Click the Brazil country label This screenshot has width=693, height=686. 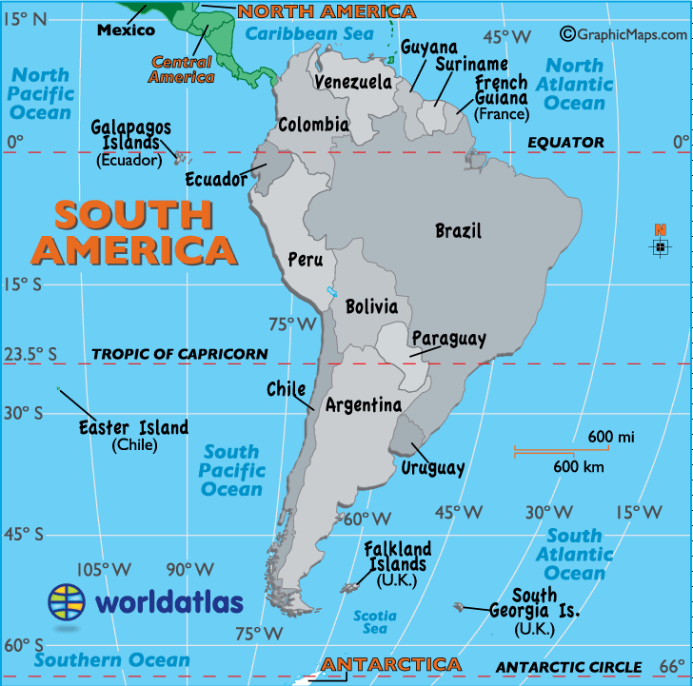point(458,230)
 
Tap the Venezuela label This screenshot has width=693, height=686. point(353,82)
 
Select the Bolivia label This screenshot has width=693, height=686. point(371,306)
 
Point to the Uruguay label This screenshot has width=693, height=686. point(432,467)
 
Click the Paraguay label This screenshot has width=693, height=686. point(448,339)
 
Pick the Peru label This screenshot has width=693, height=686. point(306,260)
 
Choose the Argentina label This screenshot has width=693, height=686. point(364,405)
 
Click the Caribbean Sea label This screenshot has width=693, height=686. point(309,34)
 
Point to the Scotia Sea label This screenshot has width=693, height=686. point(375,622)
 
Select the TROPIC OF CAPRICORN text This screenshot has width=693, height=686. point(180,354)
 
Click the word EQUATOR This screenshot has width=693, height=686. point(565,143)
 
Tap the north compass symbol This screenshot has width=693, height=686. point(659,245)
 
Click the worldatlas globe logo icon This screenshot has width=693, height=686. point(68,601)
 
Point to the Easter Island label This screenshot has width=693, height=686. point(133,428)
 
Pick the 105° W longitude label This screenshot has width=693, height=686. point(104,569)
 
